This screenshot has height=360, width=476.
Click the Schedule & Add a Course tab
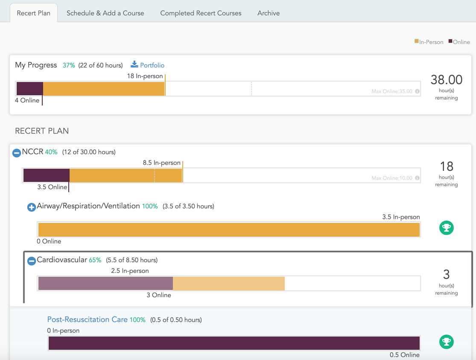click(x=105, y=13)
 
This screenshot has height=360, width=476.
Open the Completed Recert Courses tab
click(x=201, y=13)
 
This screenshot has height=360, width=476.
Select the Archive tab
click(x=269, y=13)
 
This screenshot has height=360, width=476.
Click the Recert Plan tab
click(x=34, y=13)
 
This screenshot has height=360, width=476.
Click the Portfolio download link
click(x=147, y=65)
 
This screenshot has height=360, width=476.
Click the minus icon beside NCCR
click(x=17, y=152)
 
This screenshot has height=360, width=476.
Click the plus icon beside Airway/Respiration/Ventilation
click(x=32, y=207)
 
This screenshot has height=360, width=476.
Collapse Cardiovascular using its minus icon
click(x=32, y=261)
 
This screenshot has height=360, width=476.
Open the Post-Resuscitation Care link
click(x=87, y=319)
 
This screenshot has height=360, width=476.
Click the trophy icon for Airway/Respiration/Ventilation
click(x=446, y=228)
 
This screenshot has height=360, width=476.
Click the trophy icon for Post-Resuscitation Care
click(x=446, y=342)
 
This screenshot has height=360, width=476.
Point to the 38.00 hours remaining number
click(x=446, y=80)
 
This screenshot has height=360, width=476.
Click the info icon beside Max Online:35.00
click(x=417, y=91)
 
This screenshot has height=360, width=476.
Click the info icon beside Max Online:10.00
click(x=417, y=178)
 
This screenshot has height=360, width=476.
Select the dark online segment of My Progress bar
click(x=30, y=88)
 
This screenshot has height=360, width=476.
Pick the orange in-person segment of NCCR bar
click(x=126, y=176)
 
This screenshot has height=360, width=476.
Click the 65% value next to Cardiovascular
click(x=95, y=260)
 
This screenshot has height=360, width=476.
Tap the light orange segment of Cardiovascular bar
click(x=228, y=283)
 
